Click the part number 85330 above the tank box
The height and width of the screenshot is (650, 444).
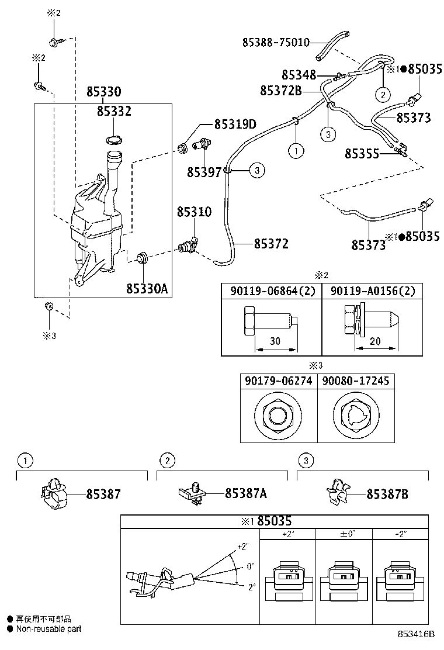pos(104,92)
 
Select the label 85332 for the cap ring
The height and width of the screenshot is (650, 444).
pos(114,111)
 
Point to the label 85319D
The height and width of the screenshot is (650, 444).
pos(235,124)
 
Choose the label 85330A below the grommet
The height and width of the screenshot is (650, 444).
pos(147,289)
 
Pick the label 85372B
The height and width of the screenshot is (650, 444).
pos(280,91)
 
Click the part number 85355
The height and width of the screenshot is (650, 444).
pos(362,154)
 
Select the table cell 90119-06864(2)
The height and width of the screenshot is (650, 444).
pos(271,291)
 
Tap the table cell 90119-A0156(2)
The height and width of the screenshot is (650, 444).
pos(373,291)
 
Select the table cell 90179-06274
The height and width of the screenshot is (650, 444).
pos(279,382)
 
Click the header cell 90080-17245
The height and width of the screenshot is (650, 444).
pos(355,382)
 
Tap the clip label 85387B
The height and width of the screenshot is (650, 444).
pos(387,494)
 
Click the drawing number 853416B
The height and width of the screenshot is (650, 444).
pos(417,634)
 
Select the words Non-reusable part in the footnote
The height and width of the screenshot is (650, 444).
pos(48,629)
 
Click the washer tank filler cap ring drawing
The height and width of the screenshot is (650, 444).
pos(115,140)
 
